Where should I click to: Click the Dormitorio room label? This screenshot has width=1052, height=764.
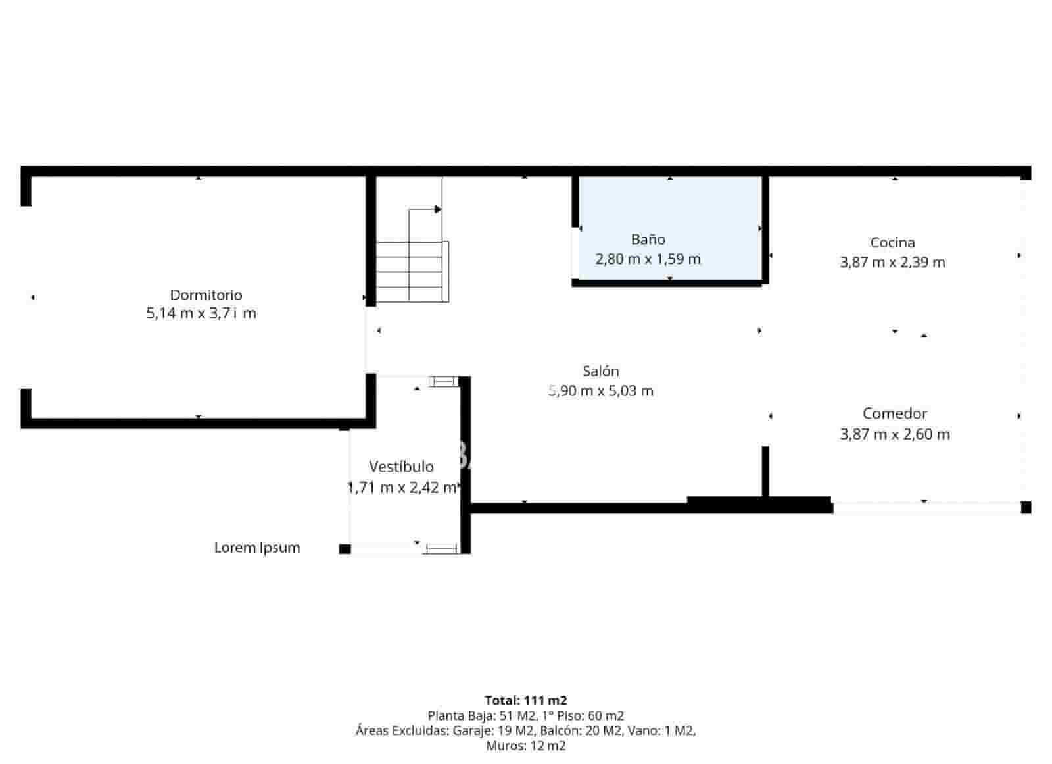(206, 295)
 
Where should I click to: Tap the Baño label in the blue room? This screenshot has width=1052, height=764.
(648, 240)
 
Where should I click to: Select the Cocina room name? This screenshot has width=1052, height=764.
(892, 243)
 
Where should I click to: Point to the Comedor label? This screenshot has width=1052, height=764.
(895, 414)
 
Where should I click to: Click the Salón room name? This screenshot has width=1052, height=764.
(600, 371)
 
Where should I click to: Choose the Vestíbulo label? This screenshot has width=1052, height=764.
(401, 467)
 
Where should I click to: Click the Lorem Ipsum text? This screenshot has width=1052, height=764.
(257, 548)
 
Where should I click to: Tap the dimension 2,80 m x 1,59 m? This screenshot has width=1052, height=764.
(648, 259)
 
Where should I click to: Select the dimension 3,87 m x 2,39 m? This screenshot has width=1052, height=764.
(892, 263)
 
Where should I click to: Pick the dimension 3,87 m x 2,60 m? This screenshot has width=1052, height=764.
(895, 434)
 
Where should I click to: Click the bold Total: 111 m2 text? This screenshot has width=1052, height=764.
(525, 700)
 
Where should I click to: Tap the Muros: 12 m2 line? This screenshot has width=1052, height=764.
(525, 746)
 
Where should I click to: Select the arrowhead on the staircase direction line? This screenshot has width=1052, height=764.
(438, 209)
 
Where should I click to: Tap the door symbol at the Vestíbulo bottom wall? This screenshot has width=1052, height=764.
(442, 548)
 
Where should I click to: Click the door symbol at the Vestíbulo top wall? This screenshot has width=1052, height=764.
(444, 381)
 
